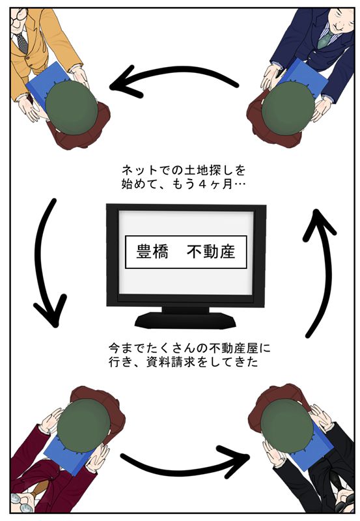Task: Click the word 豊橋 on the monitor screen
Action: (152, 251)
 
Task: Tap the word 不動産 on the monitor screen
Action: (211, 251)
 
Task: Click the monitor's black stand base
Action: (186, 320)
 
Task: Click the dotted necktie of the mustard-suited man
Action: (22, 43)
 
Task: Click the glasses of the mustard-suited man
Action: (16, 18)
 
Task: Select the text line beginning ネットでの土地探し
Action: (184, 170)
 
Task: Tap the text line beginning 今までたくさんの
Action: (189, 348)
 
